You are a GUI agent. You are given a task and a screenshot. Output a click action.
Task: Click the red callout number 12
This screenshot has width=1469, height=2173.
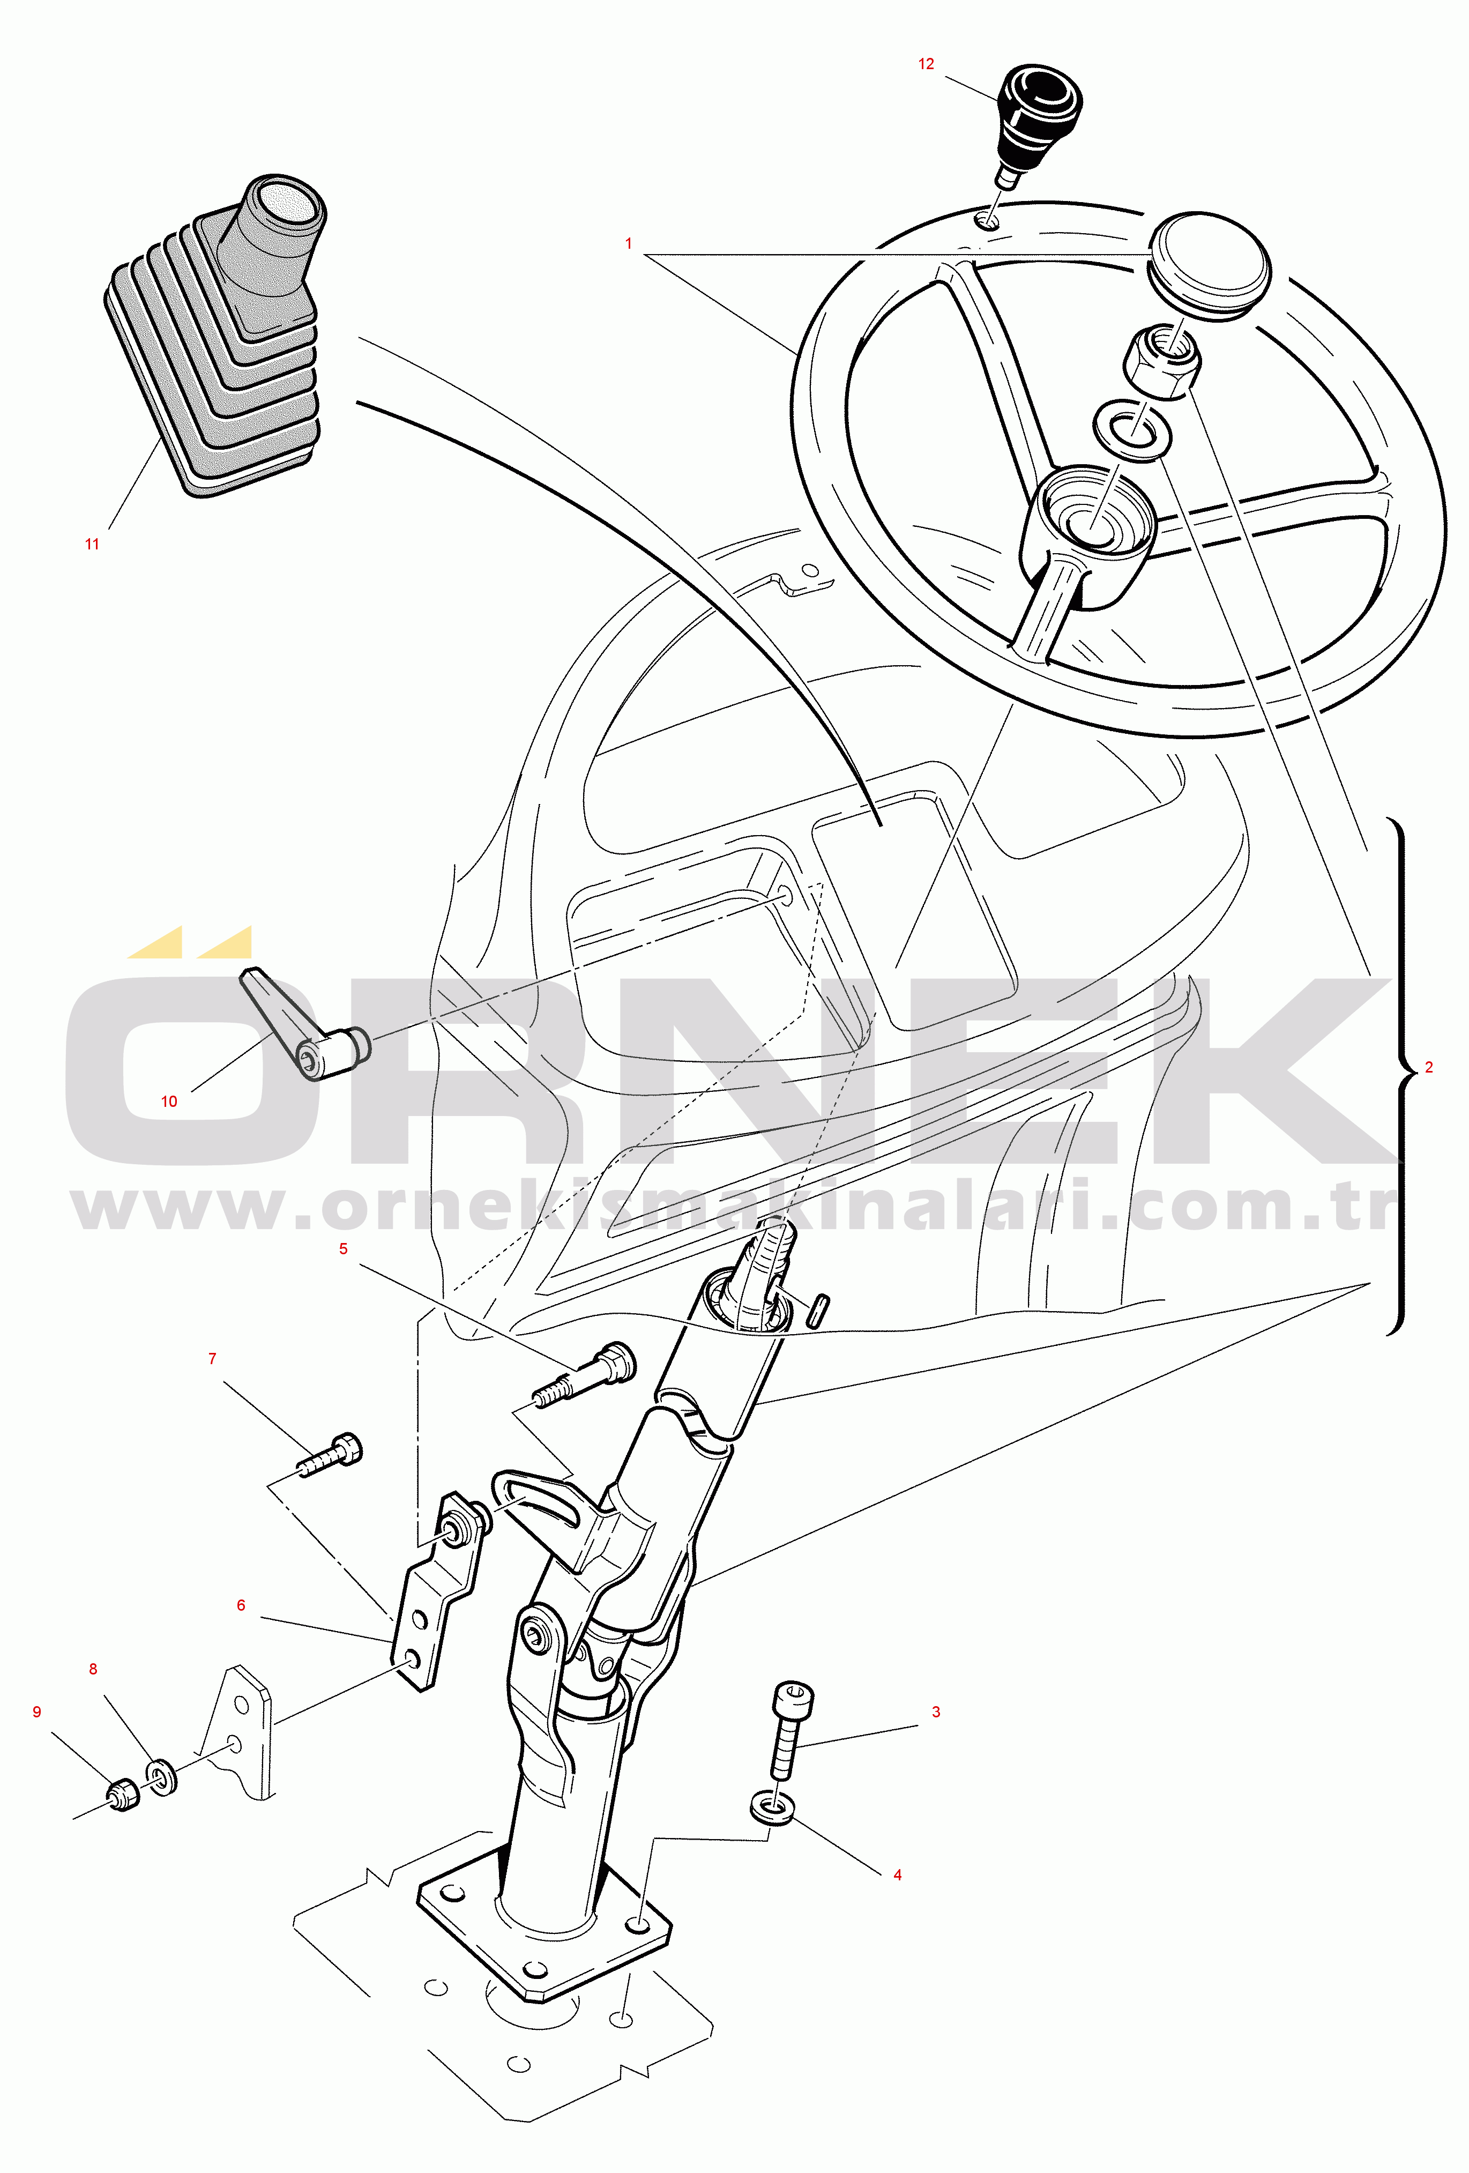[x=926, y=64]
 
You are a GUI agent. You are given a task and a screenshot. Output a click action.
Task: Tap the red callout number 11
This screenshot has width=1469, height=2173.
[x=92, y=544]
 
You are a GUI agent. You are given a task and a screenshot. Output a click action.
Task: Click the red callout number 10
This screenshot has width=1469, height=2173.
[x=169, y=1102]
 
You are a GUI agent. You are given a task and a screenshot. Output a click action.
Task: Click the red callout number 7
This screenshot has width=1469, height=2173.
[x=212, y=1359]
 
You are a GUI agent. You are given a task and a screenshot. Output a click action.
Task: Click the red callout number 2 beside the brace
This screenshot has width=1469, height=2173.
[x=1429, y=1067]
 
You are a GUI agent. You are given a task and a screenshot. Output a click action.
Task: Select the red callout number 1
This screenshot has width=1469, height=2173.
[x=628, y=243]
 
